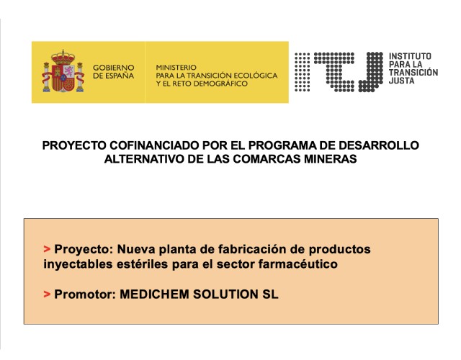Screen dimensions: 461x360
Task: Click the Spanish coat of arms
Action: (x=63, y=71)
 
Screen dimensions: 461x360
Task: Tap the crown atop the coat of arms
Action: (x=63, y=57)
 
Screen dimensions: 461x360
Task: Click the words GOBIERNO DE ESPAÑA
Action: (x=114, y=72)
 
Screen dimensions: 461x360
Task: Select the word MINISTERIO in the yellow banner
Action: (x=176, y=67)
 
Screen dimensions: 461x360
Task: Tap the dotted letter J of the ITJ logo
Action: (x=370, y=72)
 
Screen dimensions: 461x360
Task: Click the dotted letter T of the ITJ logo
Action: (x=334, y=72)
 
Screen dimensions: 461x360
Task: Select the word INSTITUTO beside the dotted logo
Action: (x=410, y=56)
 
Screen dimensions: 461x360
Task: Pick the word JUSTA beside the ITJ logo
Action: (x=401, y=81)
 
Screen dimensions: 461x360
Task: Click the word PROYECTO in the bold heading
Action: (x=74, y=145)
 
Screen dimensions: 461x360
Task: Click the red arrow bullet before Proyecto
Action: (x=47, y=249)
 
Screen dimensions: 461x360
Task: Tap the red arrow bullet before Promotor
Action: (x=47, y=294)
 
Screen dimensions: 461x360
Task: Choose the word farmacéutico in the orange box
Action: (x=297, y=264)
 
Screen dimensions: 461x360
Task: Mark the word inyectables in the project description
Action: (x=78, y=264)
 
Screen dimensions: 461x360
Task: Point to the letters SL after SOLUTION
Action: (x=270, y=294)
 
